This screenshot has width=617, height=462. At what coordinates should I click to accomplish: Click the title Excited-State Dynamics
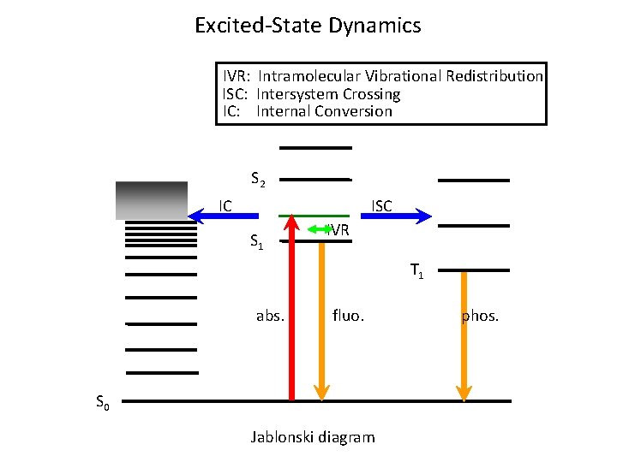(x=308, y=26)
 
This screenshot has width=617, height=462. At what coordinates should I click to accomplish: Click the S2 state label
(x=258, y=180)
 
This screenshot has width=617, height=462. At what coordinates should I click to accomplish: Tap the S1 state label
(x=257, y=241)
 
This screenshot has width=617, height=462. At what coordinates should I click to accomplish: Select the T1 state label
(x=416, y=271)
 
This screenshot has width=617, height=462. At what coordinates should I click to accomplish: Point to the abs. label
(x=270, y=317)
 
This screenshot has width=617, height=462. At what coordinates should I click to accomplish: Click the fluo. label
(x=348, y=317)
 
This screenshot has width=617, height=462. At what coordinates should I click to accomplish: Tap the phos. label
(x=480, y=317)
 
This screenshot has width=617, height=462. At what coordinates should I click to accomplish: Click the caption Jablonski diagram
(x=312, y=437)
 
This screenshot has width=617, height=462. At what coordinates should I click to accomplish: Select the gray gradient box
(x=151, y=200)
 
